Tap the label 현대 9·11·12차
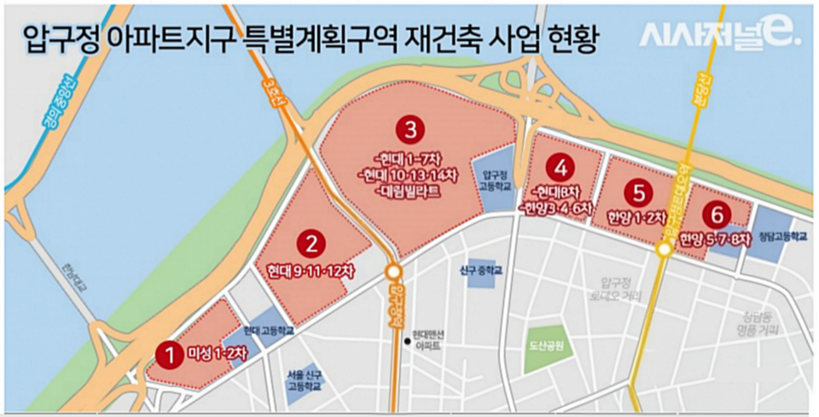point(310,272)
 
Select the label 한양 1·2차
point(636,218)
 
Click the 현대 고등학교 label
point(268,329)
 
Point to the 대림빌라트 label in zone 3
point(409,191)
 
